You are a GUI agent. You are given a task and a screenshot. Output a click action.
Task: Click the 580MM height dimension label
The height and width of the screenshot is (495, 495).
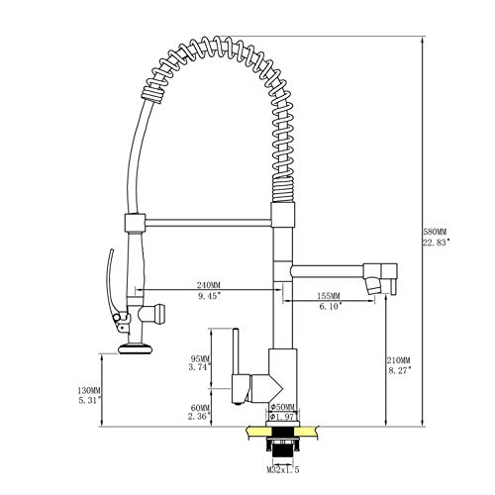pyautogui.click(x=438, y=230)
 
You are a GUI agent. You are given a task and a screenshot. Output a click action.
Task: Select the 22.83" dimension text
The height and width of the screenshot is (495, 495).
pyautogui.click(x=438, y=242)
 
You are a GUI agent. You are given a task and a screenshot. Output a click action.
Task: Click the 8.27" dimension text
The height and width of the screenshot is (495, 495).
pyautogui.click(x=399, y=369)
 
